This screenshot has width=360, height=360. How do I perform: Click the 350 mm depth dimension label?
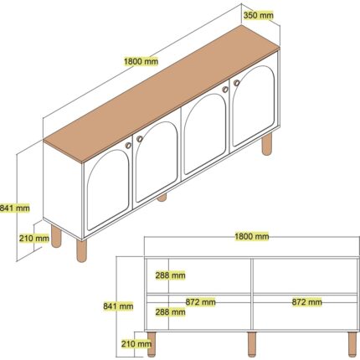(258, 15)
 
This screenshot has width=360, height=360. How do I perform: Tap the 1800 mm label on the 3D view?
(141, 61)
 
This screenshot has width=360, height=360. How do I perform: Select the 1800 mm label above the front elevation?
(252, 236)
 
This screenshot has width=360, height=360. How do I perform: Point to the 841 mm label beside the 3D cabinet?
(14, 208)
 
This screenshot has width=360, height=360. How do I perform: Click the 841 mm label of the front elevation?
(118, 306)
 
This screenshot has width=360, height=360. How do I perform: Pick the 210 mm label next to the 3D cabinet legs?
(34, 239)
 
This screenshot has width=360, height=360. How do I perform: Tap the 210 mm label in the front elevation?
(136, 344)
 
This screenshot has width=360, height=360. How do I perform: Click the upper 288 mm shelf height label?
(170, 275)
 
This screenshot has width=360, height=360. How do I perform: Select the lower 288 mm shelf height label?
(170, 311)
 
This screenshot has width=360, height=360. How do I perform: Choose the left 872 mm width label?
(201, 302)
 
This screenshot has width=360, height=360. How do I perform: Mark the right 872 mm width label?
(307, 302)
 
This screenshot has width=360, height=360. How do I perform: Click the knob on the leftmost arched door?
(128, 145)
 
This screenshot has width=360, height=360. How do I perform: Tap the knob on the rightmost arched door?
(237, 83)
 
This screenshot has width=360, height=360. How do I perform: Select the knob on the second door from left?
(140, 139)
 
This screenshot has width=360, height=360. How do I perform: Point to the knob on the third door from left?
(225, 90)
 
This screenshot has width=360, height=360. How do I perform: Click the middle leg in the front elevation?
(252, 344)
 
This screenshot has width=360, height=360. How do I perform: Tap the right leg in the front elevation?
(352, 344)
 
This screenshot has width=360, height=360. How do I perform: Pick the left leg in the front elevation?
(152, 344)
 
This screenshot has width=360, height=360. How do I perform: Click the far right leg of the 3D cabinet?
(267, 143)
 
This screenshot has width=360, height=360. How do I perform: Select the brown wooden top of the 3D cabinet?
(162, 94)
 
